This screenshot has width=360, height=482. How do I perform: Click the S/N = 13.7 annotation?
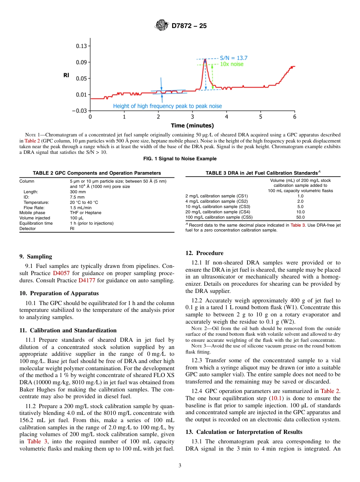pos(233,58)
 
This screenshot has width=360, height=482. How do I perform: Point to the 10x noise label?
pos(232,64)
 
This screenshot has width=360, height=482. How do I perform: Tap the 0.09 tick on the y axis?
pos(81,62)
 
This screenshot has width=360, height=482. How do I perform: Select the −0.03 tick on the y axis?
pos(80,111)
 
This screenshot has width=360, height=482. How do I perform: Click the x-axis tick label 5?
pos(261,117)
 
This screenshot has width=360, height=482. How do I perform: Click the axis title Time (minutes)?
pos(192,125)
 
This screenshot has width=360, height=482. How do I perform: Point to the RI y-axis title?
pos(66,75)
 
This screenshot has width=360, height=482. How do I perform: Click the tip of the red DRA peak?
pos(205,59)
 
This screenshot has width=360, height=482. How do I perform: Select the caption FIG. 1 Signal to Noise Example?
pos(180,159)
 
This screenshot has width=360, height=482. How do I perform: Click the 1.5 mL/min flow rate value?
pos(79,208)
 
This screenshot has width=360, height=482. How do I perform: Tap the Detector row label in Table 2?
pos(27,228)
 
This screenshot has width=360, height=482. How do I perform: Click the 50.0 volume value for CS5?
pos(300,218)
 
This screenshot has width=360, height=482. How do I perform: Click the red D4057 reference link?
pos(60,273)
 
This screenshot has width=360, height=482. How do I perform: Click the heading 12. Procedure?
pos(204,253)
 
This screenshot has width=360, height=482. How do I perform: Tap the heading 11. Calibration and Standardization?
pos(68,330)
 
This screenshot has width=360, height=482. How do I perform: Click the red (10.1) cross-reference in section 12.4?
pos(275,399)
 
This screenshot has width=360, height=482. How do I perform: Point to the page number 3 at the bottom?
pos(180,466)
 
